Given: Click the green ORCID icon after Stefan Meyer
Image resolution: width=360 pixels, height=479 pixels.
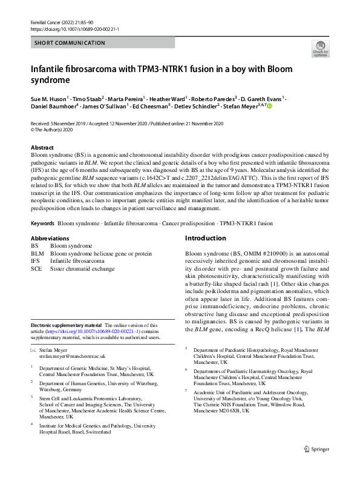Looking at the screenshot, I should pos(252,106).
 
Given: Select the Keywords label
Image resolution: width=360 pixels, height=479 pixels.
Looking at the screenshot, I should pos(42,223).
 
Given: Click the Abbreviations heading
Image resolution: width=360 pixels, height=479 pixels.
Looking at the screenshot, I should pos(50,239).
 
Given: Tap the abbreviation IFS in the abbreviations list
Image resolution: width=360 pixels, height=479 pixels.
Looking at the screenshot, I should pos(36,260).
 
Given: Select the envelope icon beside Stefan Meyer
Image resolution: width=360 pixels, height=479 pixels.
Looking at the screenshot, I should pos(34,349).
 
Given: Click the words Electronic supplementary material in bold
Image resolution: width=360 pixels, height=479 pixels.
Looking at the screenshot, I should pos(67,326).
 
